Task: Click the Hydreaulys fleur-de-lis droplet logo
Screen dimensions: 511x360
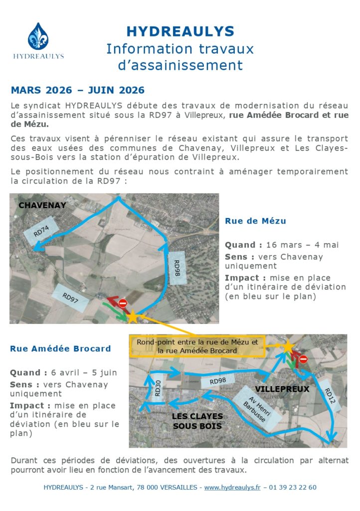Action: click(x=38, y=36)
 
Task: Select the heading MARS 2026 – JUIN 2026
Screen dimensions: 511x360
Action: click(x=77, y=90)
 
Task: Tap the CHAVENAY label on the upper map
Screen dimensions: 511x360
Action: click(x=42, y=205)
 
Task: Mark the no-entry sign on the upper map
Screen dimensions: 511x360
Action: click(x=123, y=303)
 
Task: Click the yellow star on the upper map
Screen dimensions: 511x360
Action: click(x=133, y=316)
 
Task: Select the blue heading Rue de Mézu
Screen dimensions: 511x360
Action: click(x=255, y=221)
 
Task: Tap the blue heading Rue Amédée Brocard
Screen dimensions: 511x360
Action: click(x=60, y=348)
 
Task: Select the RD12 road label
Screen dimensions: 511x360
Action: click(x=333, y=398)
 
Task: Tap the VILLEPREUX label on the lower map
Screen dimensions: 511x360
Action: click(x=282, y=389)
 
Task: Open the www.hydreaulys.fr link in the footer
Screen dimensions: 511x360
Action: click(x=232, y=487)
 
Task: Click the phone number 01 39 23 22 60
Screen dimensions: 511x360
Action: click(x=293, y=487)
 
